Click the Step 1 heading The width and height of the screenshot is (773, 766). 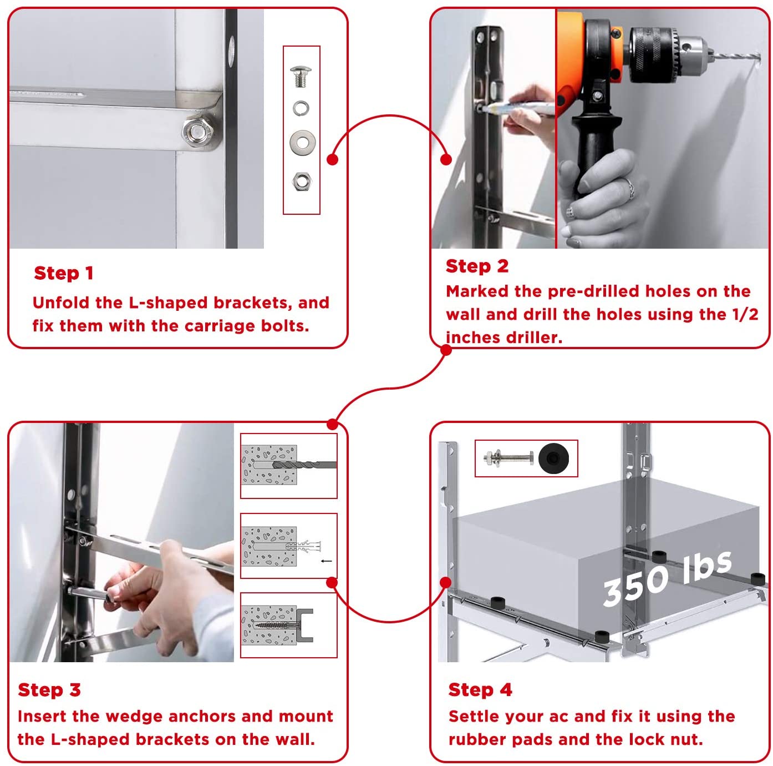(x=63, y=273)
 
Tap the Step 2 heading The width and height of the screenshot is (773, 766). (x=477, y=266)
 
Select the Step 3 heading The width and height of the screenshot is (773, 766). (x=49, y=690)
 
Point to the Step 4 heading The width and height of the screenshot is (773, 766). (x=480, y=690)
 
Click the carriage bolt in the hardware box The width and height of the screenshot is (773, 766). (x=301, y=76)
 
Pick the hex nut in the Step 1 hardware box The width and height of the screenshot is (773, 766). (x=301, y=181)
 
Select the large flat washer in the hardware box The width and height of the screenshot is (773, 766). (x=302, y=142)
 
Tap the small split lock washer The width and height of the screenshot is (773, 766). (x=301, y=108)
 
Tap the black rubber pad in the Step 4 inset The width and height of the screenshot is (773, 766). (x=553, y=458)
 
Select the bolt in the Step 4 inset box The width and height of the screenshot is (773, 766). (x=508, y=457)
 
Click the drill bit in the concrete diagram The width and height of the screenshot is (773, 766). (x=304, y=465)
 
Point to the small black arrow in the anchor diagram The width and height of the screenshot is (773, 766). (x=327, y=561)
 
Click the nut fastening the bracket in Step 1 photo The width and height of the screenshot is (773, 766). (x=196, y=131)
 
